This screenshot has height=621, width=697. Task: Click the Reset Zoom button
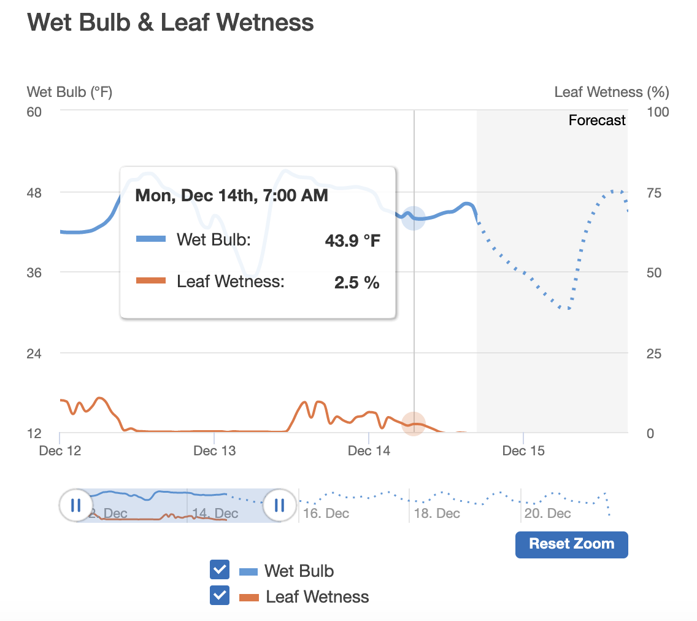coord(571,544)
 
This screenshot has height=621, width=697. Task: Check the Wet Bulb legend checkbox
coord(220,570)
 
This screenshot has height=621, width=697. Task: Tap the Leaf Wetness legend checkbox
coord(220,596)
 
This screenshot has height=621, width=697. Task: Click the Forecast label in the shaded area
coord(596,120)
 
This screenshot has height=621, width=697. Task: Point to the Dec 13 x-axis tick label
coord(214,451)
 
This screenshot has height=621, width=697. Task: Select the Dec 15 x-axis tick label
coord(523,451)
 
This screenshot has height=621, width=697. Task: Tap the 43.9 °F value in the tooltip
coord(352,240)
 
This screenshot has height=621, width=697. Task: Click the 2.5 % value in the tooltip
coord(356,283)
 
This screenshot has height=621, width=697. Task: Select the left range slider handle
coord(76,506)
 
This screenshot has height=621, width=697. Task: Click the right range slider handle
coord(280,506)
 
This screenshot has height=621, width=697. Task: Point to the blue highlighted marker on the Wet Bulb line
coord(414,218)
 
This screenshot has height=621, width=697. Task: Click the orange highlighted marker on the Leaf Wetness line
coord(414,424)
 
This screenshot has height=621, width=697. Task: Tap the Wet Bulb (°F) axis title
coord(70,92)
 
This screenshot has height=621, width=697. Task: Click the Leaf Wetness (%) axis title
coord(611,92)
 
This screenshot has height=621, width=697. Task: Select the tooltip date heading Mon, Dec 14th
coord(231,196)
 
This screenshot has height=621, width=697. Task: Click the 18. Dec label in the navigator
coord(437,514)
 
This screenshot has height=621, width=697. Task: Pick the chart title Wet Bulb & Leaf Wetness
coord(171,23)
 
